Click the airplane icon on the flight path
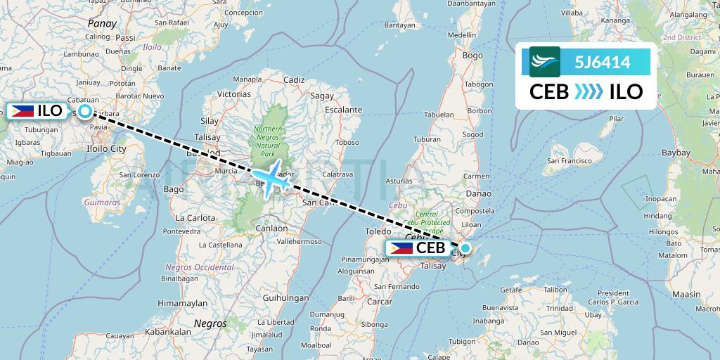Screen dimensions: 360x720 271,180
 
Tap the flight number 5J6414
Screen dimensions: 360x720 602,62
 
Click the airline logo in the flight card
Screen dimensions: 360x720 545,62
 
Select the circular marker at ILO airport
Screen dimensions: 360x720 85,111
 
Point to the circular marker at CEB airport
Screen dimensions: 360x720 465,247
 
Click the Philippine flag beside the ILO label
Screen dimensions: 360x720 23,111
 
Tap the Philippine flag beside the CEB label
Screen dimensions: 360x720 401,247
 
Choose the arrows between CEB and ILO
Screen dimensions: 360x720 589,92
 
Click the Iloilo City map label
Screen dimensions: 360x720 103,148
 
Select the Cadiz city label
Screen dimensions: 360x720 294,80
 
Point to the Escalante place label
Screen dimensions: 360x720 344,110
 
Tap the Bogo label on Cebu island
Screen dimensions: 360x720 472,55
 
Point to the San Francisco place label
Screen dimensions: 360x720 570,160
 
